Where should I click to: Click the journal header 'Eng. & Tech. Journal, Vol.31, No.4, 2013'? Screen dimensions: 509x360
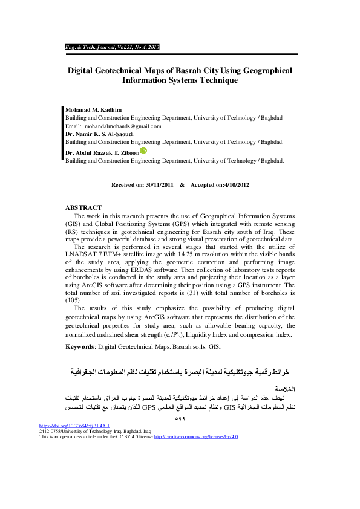[112, 47]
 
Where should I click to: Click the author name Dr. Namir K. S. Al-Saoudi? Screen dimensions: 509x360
[102, 134]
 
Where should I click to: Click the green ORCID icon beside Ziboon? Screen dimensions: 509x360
[143, 151]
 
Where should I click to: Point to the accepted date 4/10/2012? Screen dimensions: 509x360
[235, 184]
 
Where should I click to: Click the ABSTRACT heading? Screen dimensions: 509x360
[83, 207]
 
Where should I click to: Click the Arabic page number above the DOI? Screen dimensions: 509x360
[179, 418]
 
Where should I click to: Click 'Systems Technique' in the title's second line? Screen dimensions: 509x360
[205, 80]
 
